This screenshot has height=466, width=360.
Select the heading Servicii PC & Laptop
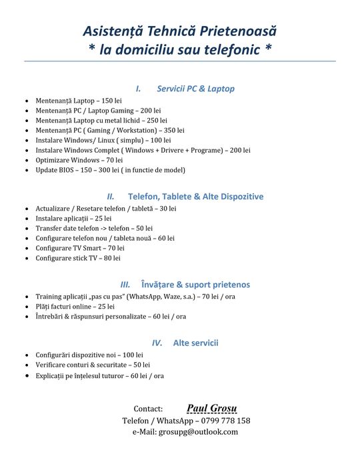(195, 88)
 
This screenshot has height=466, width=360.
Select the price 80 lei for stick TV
(112, 257)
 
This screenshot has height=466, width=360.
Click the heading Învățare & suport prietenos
(195, 284)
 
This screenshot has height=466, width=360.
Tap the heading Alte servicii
(195, 343)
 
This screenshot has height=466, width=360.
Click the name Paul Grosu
(211, 408)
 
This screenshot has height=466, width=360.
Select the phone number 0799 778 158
(223, 421)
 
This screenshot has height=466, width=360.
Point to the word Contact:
(148, 409)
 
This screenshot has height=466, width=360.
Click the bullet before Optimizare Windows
(26, 160)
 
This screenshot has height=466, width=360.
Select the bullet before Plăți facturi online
(26, 306)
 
